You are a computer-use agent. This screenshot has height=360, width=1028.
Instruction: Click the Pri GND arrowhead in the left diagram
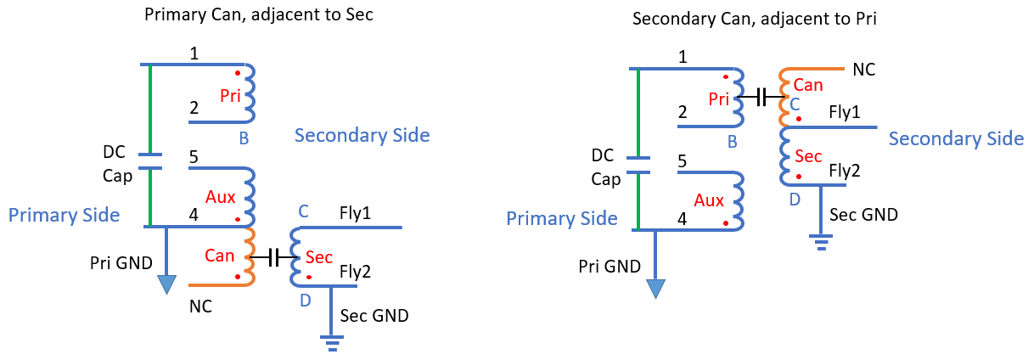(x=166, y=284)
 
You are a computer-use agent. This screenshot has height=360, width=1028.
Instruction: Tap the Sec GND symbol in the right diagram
(x=821, y=242)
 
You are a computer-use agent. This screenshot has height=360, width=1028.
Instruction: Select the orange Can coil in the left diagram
(x=250, y=256)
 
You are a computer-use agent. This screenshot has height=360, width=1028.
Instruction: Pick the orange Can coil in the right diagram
(x=784, y=98)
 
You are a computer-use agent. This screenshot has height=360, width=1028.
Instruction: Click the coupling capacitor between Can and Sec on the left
(x=273, y=257)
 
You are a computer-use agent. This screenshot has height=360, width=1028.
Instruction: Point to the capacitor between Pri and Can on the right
(x=761, y=98)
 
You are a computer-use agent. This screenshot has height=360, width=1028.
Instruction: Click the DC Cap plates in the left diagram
(x=150, y=161)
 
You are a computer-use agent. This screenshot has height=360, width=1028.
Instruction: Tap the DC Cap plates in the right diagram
(x=638, y=165)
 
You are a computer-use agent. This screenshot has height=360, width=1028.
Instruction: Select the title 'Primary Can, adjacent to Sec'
(x=258, y=14)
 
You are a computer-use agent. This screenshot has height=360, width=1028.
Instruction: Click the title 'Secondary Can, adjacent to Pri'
(x=754, y=19)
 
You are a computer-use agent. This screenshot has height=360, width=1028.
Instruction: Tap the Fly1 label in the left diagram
(x=355, y=213)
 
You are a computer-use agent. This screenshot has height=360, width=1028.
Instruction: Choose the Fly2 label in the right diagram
(x=845, y=171)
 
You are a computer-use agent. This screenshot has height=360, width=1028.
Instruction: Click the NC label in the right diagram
(x=864, y=70)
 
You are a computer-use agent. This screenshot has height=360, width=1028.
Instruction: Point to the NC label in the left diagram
(x=200, y=307)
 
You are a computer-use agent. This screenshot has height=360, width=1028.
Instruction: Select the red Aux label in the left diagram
(x=221, y=197)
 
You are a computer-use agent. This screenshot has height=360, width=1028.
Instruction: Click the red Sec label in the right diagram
(x=808, y=156)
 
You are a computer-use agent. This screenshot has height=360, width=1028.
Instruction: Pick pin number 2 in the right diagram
(x=683, y=112)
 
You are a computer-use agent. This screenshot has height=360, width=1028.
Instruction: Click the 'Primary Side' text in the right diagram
(x=562, y=218)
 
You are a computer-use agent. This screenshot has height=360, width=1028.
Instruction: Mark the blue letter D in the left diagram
(x=306, y=301)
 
